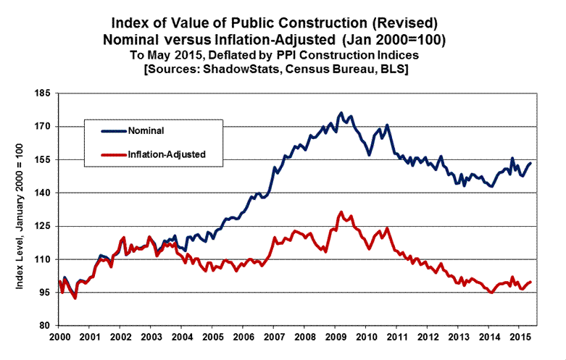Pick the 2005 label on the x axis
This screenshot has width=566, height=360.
(x=212, y=338)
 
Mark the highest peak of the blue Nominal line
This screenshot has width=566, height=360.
(x=341, y=113)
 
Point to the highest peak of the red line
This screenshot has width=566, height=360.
(x=341, y=212)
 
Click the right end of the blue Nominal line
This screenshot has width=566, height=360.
(x=531, y=163)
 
